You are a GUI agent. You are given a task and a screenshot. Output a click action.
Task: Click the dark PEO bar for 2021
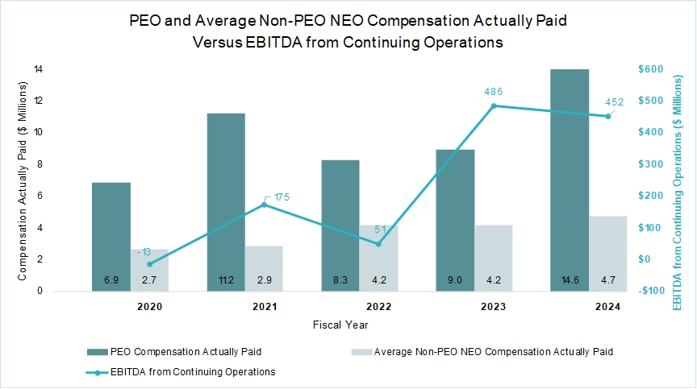click(x=226, y=201)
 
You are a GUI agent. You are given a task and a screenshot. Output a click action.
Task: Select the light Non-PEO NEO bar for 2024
click(x=608, y=253)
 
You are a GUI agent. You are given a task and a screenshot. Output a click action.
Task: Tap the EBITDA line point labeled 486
click(x=494, y=106)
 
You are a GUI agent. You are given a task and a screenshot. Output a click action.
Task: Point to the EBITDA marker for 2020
click(x=149, y=263)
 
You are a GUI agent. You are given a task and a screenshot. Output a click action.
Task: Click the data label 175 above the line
click(x=282, y=197)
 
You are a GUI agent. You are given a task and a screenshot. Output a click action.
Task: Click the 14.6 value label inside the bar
click(x=570, y=280)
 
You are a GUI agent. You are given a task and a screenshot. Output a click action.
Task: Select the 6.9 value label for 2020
click(x=111, y=280)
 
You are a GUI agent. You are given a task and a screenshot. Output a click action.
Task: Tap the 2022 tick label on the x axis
click(x=379, y=307)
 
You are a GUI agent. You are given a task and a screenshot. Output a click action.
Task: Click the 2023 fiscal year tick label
click(x=494, y=307)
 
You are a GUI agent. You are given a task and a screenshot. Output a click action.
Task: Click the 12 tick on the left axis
click(x=37, y=101)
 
